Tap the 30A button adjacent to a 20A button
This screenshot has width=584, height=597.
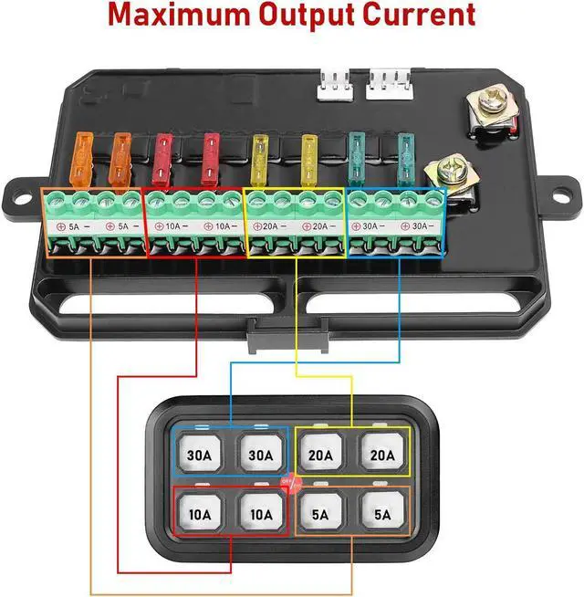pyautogui.click(x=260, y=456)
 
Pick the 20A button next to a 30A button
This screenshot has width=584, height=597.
pyautogui.click(x=319, y=456)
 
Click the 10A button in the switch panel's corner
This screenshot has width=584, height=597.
pyautogui.click(x=201, y=515)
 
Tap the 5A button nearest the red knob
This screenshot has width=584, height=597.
pyautogui.click(x=319, y=515)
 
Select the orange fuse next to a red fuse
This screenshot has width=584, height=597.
pyautogui.click(x=120, y=161)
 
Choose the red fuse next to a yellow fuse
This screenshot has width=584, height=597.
pyautogui.click(x=211, y=159)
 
